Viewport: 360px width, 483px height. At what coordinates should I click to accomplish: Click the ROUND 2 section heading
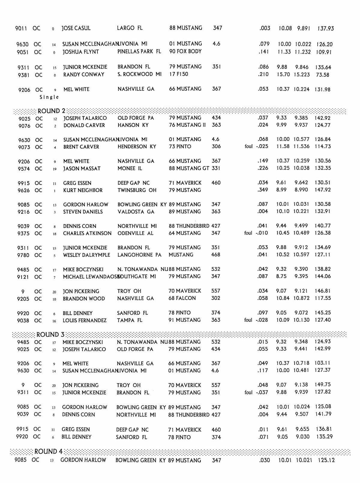51,111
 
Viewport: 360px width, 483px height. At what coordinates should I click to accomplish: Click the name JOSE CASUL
76,28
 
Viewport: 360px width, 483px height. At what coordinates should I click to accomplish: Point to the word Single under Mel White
49,97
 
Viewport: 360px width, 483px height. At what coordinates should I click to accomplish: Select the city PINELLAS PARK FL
139,52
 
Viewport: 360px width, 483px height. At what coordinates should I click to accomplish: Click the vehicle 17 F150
179,74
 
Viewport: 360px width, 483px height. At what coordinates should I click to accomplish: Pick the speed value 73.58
322,75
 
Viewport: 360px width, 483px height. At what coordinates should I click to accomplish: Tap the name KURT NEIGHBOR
83,190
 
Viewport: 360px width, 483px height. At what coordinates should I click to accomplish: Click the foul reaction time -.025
262,147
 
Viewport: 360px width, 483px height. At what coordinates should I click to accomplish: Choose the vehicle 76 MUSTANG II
187,125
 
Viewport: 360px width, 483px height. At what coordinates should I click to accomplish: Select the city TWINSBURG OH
137,190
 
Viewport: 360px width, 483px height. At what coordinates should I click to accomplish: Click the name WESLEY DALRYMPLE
86,255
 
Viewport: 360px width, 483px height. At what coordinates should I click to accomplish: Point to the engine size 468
216,255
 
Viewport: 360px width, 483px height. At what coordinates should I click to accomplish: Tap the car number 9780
23,255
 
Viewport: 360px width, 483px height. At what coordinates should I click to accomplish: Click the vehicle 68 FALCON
182,298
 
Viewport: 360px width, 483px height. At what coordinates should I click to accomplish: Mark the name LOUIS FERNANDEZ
85,320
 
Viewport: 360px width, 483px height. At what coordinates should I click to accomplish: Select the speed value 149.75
323,385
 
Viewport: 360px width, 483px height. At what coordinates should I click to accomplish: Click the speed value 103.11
322,363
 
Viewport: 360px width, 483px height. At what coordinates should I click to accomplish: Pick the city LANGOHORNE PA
139,255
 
